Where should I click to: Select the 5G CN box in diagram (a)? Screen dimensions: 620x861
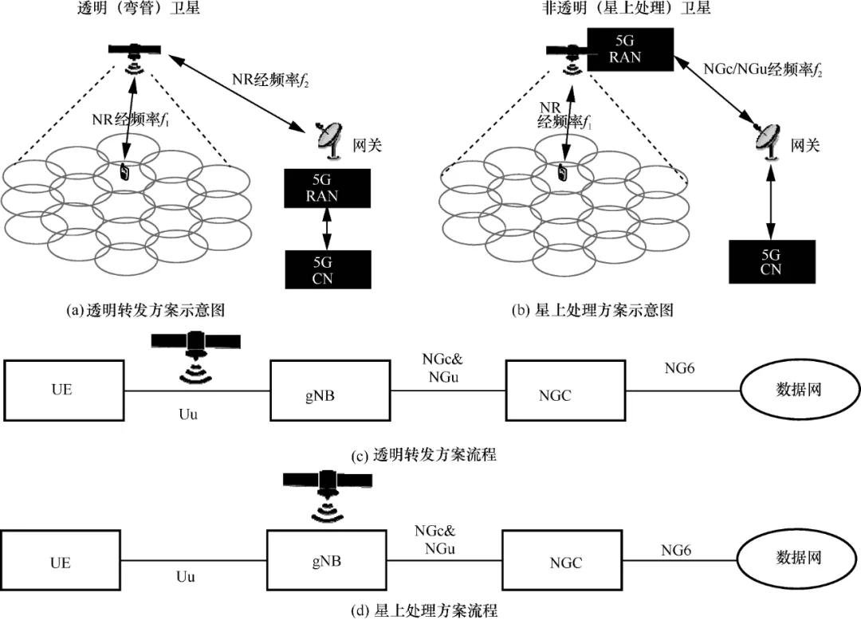[328, 269]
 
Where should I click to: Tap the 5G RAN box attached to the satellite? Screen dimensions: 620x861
[629, 49]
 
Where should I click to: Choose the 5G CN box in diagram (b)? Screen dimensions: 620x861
[771, 261]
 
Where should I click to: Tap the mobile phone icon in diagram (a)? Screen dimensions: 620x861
[125, 171]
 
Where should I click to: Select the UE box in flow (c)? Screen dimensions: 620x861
[65, 390]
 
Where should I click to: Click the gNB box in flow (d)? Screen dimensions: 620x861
[327, 561]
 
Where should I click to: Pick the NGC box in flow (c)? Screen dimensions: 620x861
[565, 390]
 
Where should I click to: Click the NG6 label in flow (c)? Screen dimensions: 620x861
[680, 367]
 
